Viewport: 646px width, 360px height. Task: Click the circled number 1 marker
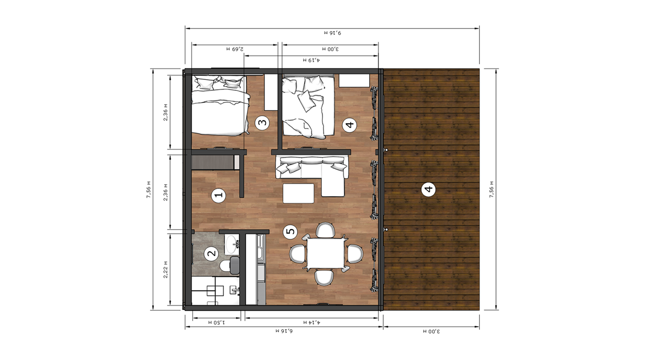coord(218,196)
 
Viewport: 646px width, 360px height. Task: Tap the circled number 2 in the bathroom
coord(212,254)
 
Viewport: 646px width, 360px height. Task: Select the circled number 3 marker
coord(262,123)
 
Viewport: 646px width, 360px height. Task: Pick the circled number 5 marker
coord(290,232)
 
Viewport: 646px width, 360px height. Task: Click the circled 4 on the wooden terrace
coord(429,189)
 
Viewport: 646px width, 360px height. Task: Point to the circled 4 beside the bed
coord(349,125)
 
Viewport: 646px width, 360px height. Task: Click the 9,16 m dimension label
coord(332,33)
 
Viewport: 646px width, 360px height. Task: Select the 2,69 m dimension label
coord(235,49)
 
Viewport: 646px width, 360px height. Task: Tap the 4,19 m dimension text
coord(311,60)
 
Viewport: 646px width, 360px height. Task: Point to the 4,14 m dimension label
coord(311,322)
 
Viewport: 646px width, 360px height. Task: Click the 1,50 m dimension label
coord(217,322)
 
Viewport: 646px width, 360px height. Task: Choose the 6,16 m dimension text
coord(284,331)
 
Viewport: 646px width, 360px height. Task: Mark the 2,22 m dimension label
coord(165,270)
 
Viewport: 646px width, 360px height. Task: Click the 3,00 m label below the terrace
coord(431,331)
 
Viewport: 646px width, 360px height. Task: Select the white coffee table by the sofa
coord(299,194)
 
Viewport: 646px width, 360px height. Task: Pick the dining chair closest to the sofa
coord(326,230)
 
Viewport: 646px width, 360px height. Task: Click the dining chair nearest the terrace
coord(355,254)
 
